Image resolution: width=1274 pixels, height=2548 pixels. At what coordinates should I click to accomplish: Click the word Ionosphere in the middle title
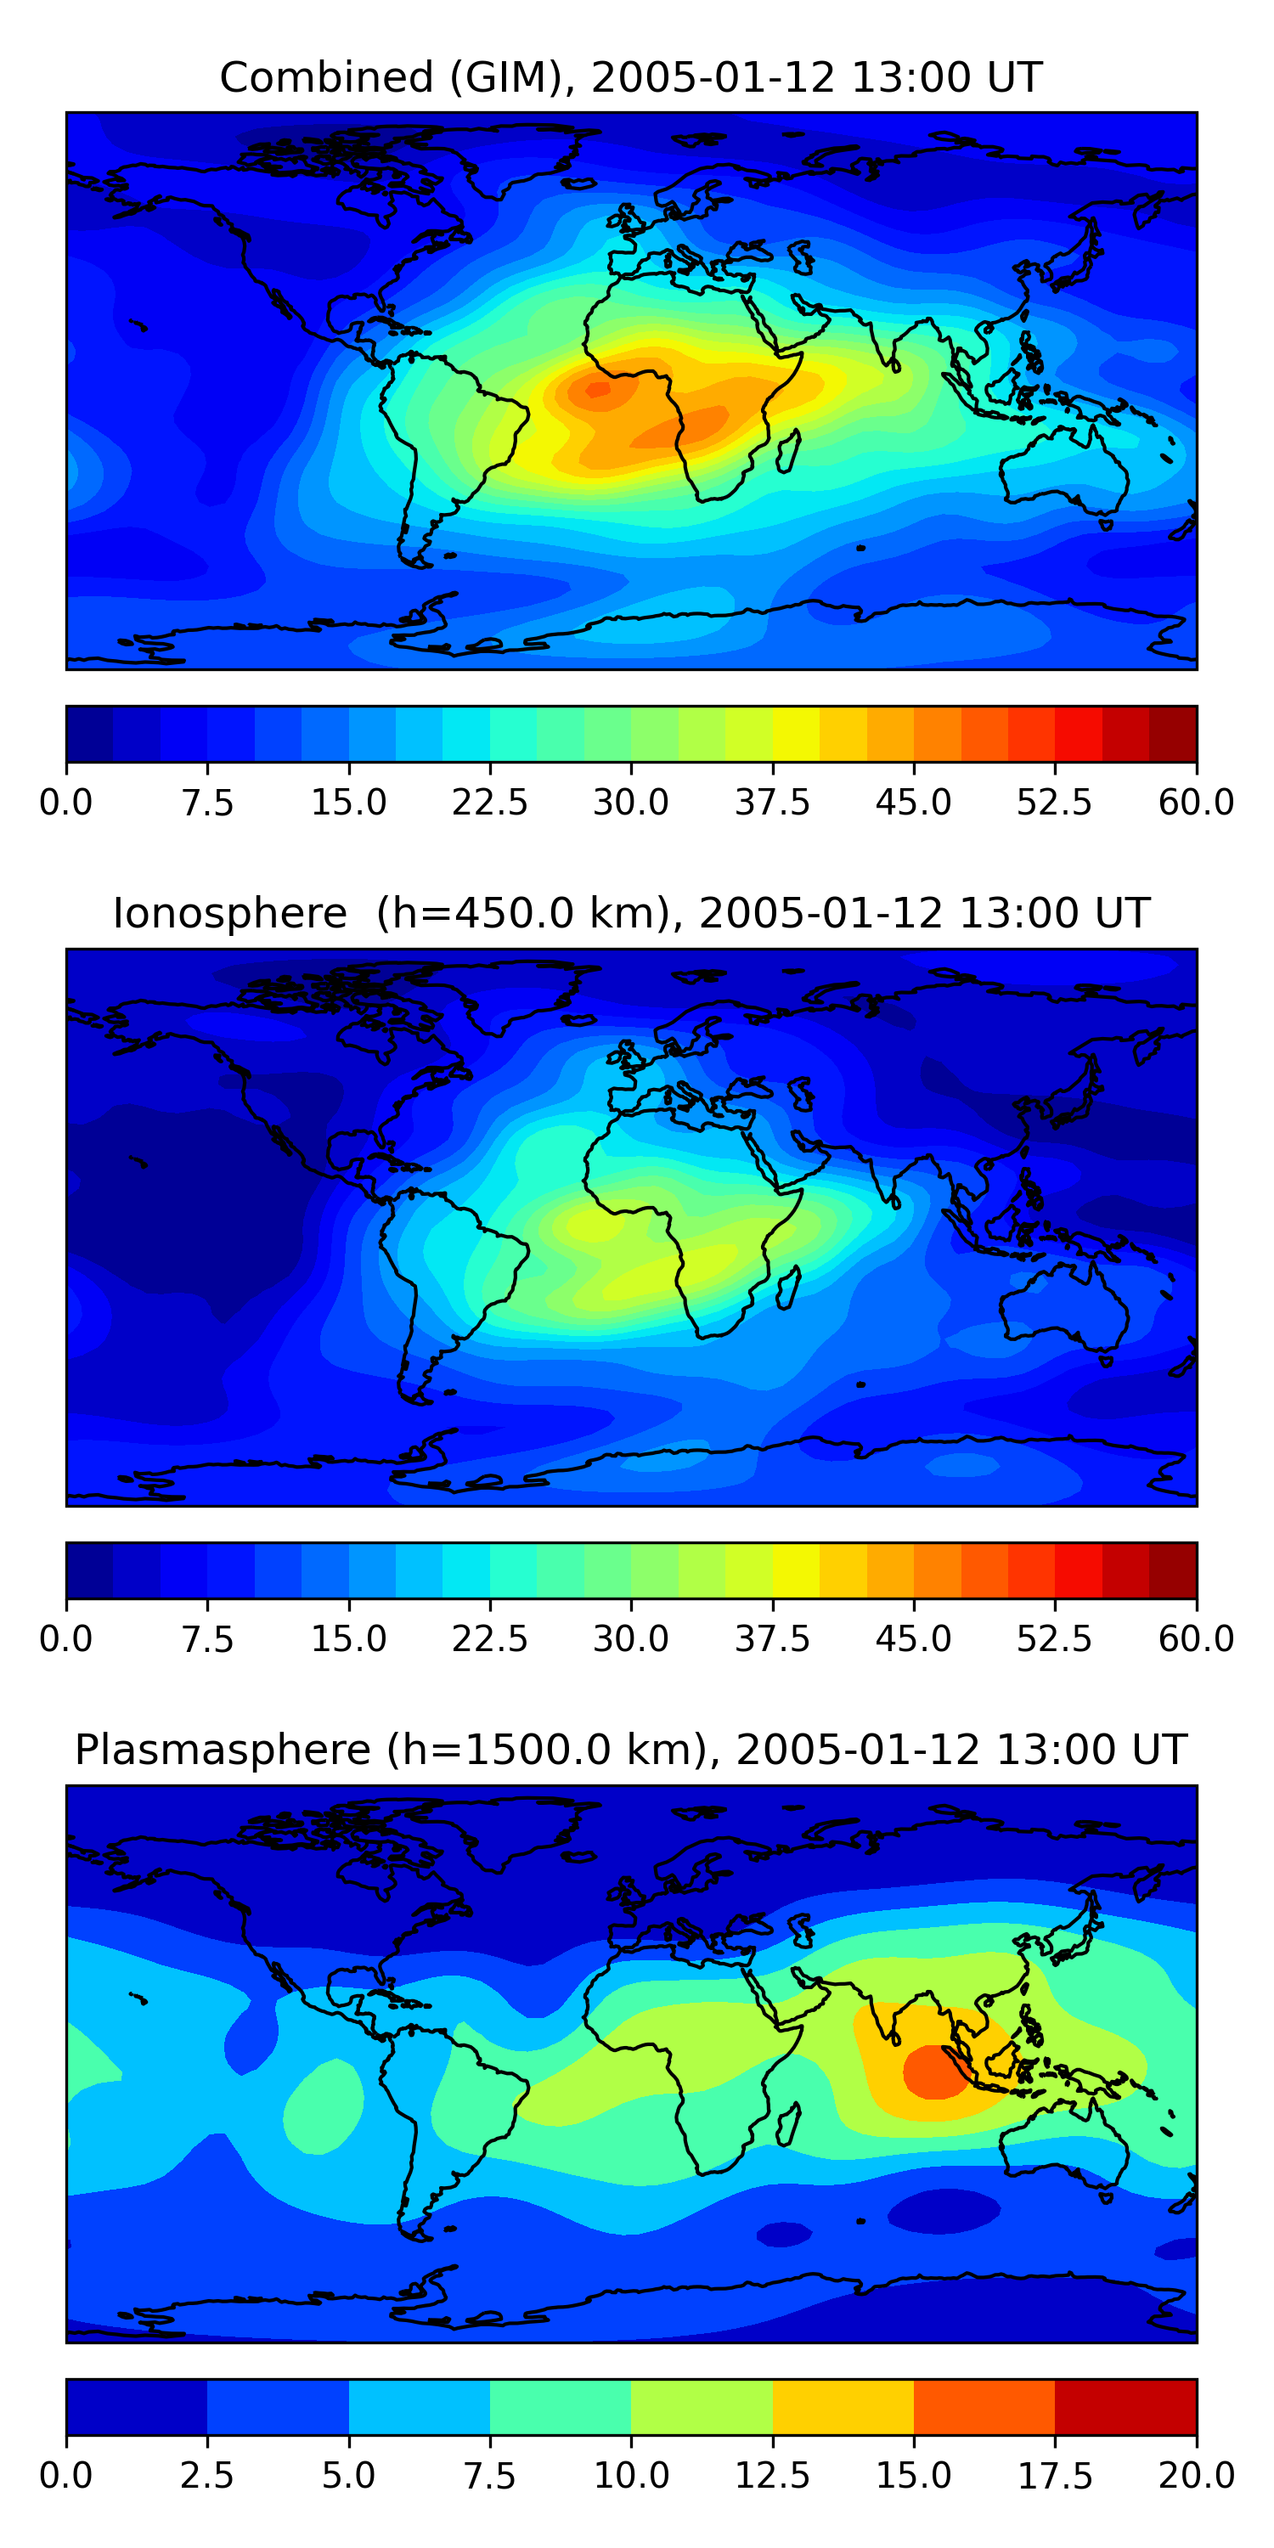(x=229, y=913)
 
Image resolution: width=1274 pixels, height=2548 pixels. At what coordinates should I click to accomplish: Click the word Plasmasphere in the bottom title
(x=223, y=1750)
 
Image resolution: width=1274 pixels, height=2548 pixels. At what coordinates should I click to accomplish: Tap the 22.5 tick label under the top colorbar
(x=489, y=802)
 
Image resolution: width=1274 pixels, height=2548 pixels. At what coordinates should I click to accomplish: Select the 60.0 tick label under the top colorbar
(x=1196, y=802)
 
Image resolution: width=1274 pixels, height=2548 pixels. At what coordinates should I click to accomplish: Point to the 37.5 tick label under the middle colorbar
(x=771, y=1639)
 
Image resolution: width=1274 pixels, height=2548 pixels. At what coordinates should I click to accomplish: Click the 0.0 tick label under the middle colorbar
(x=66, y=1639)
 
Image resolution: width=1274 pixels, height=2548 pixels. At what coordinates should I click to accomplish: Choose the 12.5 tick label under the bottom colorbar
(x=771, y=2476)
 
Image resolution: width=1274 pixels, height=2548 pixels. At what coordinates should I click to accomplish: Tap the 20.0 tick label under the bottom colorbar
(x=1196, y=2476)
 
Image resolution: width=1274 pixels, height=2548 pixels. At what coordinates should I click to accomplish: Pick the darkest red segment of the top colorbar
(x=1172, y=734)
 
